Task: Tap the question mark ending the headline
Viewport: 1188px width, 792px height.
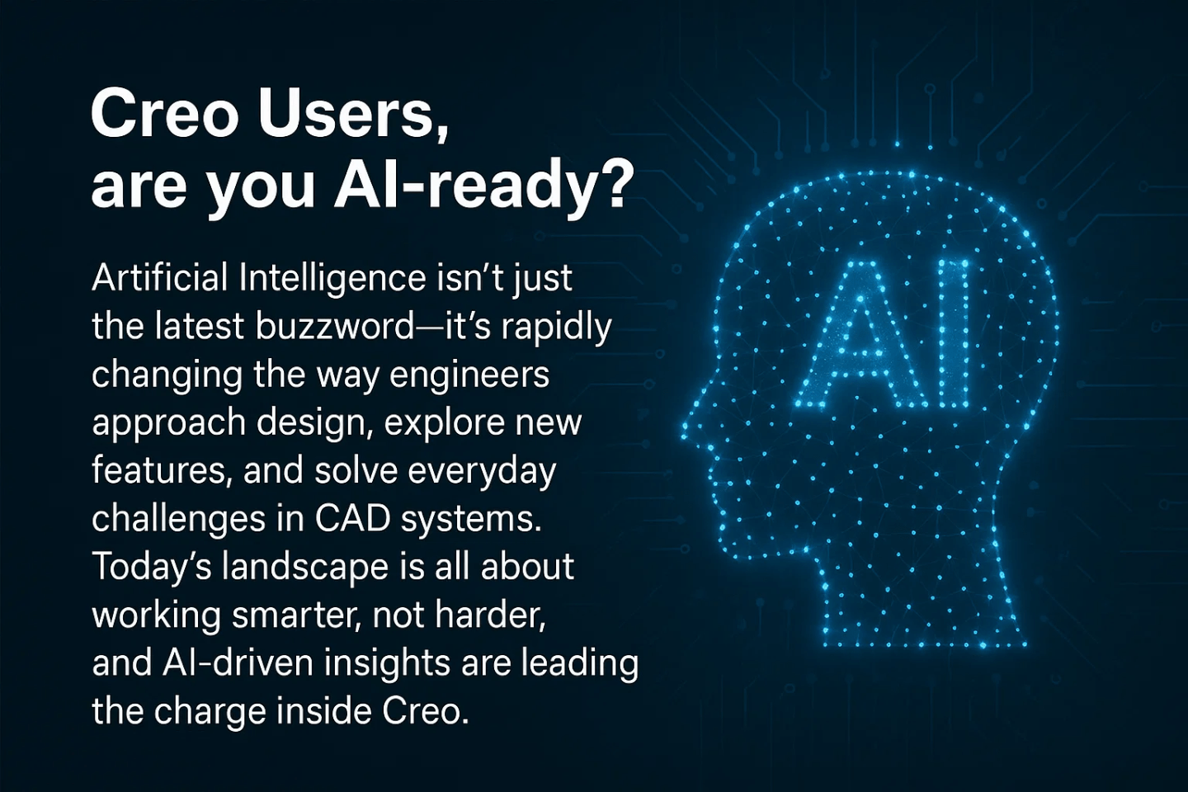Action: (x=614, y=183)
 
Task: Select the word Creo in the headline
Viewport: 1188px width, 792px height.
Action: (x=164, y=114)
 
